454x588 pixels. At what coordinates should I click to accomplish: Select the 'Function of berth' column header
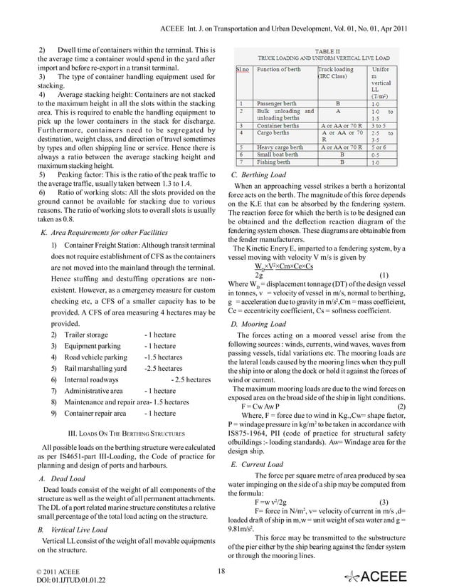click(x=282, y=70)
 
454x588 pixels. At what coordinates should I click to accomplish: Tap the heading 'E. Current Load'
click(x=258, y=464)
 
